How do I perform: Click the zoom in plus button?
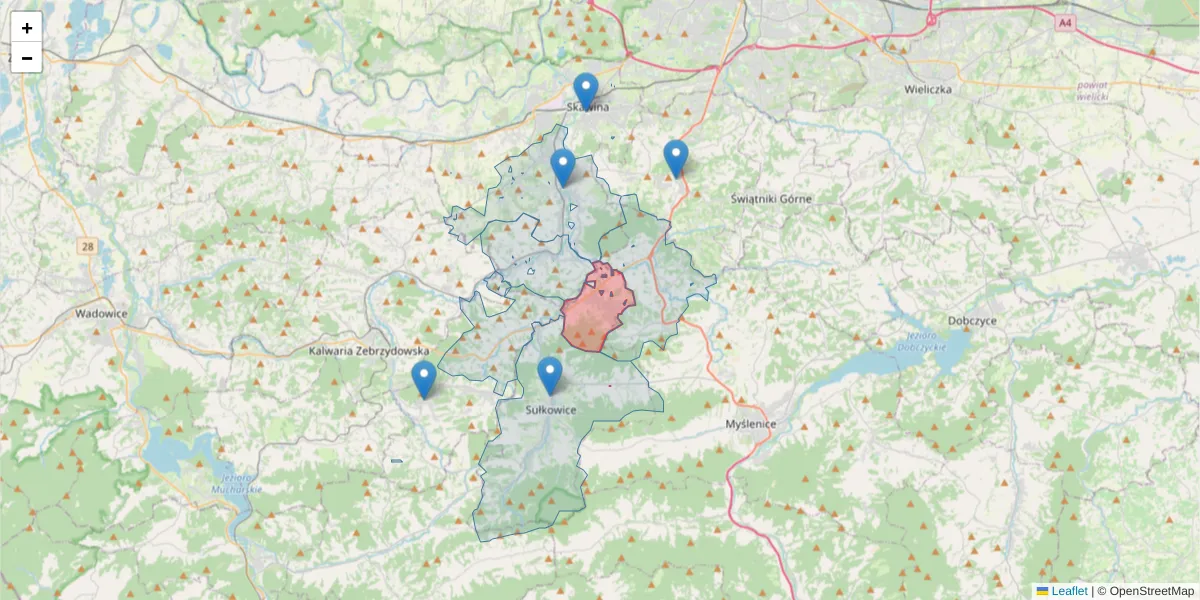pyautogui.click(x=27, y=28)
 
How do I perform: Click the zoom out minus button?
pyautogui.click(x=27, y=58)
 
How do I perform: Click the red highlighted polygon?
pyautogui.click(x=597, y=310)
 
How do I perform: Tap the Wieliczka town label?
pyautogui.click(x=927, y=89)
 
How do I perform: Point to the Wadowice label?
pyautogui.click(x=101, y=313)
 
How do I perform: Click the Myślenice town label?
pyautogui.click(x=750, y=424)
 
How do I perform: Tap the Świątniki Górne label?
pyautogui.click(x=771, y=199)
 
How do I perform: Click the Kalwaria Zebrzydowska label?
pyautogui.click(x=368, y=351)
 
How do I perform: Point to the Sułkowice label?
pyautogui.click(x=550, y=409)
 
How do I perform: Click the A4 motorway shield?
pyautogui.click(x=1064, y=21)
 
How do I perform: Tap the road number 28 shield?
pyautogui.click(x=88, y=245)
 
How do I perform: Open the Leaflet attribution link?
pyautogui.click(x=1068, y=591)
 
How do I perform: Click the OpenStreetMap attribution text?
pyautogui.click(x=1151, y=591)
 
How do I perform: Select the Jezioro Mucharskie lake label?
pyautogui.click(x=237, y=485)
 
